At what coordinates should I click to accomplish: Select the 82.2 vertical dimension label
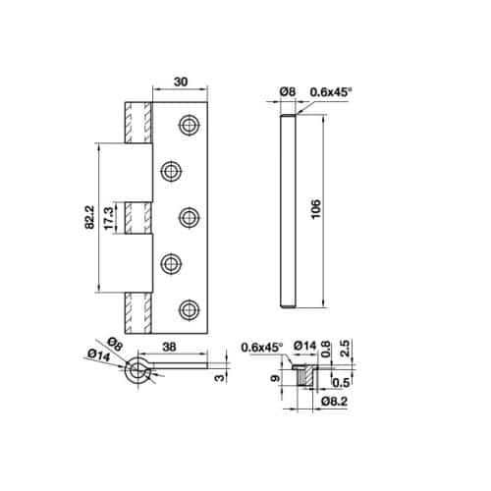click(89, 219)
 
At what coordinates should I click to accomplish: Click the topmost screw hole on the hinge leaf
click(188, 125)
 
